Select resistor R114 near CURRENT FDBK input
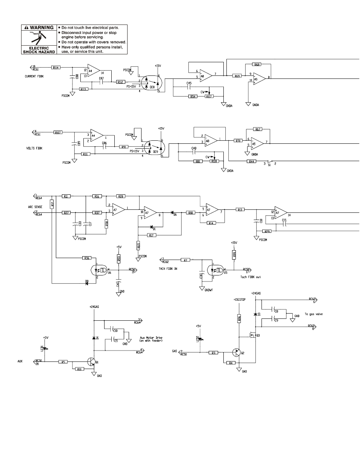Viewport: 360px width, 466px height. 56,68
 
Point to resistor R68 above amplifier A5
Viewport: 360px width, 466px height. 257,65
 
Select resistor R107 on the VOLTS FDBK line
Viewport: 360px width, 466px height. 58,132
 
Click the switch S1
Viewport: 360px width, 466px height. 269,161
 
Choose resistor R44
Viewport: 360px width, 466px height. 251,161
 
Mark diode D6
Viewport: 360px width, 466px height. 174,213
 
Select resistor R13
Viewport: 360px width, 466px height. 240,209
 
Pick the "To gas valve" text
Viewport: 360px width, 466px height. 313,314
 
